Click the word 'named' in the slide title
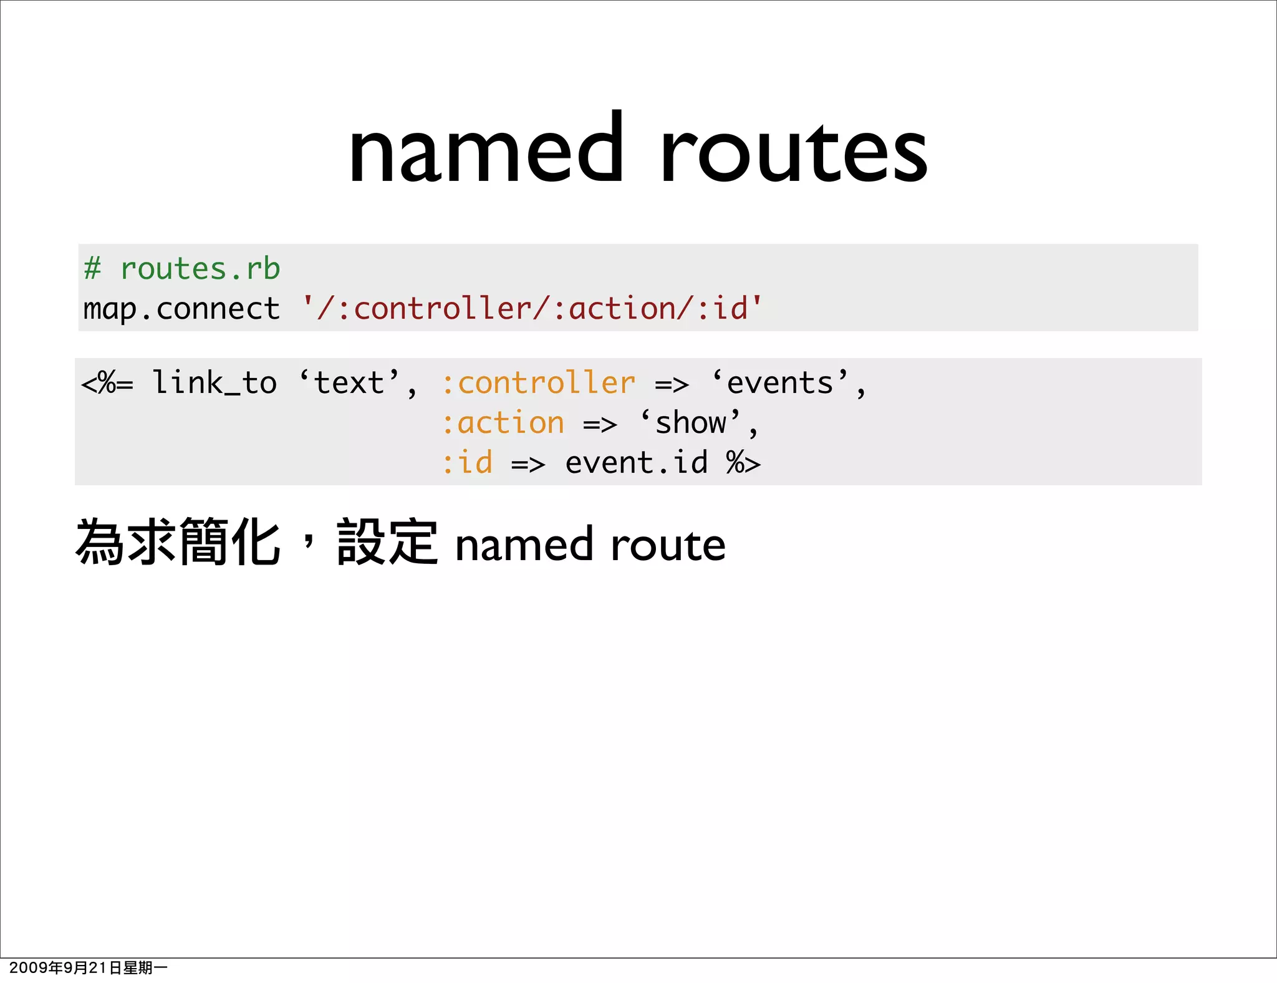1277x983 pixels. (x=486, y=150)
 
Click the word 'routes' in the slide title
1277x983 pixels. (x=794, y=153)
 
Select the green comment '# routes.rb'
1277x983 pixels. (x=182, y=269)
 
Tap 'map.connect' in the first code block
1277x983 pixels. (x=181, y=309)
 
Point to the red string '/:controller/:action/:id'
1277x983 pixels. (x=532, y=309)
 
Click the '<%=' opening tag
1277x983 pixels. (x=107, y=383)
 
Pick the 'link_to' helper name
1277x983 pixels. (x=214, y=383)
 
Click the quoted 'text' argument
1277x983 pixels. (x=349, y=383)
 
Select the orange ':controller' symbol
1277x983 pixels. (x=538, y=383)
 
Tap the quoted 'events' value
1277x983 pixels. (x=780, y=383)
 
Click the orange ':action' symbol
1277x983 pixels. (x=503, y=424)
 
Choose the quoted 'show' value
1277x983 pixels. (x=691, y=424)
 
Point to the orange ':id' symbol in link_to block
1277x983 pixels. (x=467, y=463)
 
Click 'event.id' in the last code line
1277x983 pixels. (x=637, y=463)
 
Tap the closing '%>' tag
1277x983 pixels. (x=743, y=463)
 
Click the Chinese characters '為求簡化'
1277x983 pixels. (x=178, y=543)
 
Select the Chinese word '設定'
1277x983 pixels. (x=387, y=543)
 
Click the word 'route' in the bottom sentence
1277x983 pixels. (x=668, y=545)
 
